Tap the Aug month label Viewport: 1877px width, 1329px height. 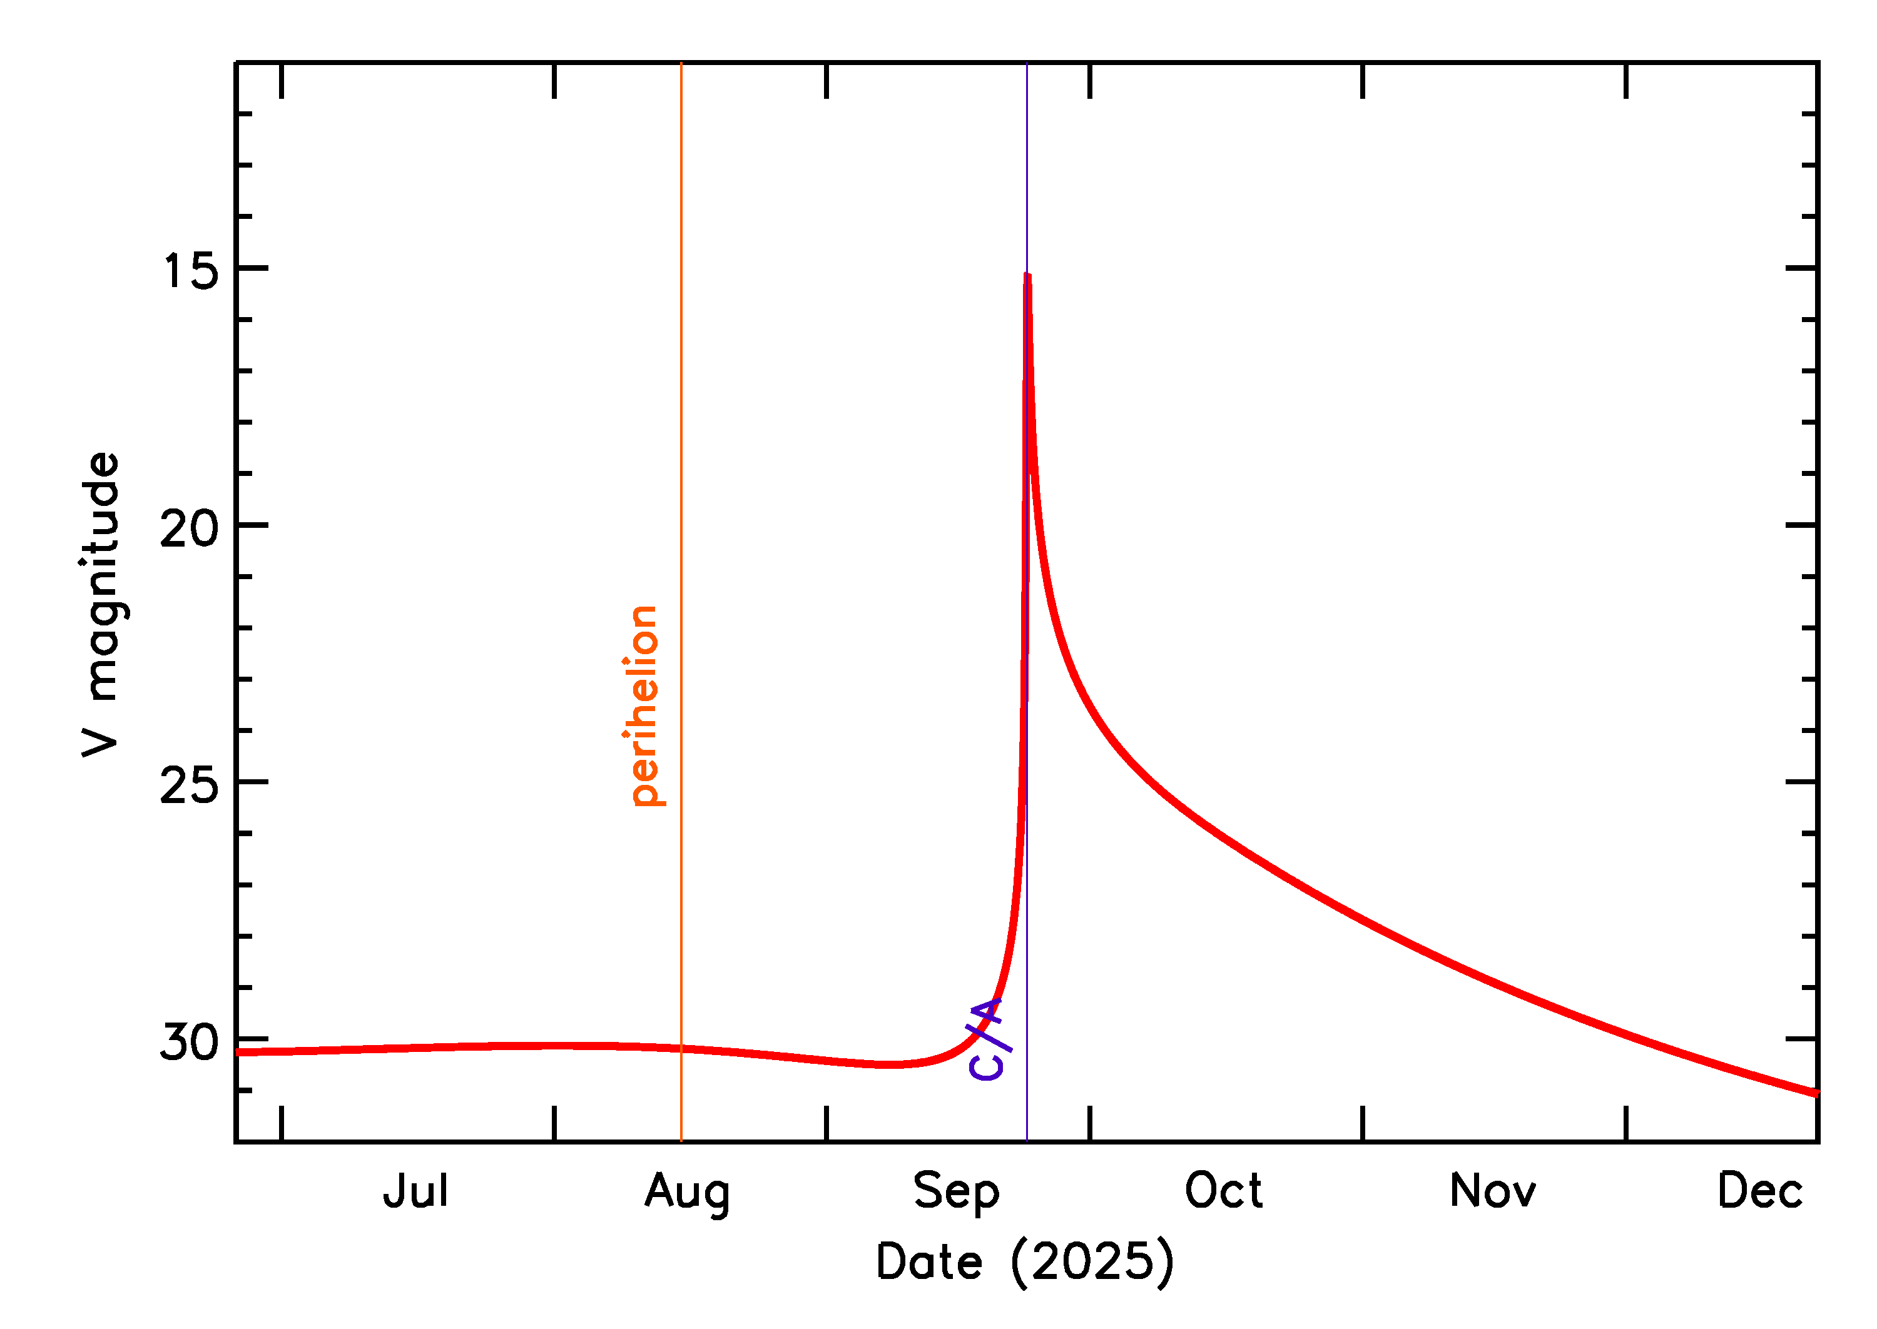click(x=687, y=1193)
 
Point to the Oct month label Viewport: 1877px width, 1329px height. click(x=1223, y=1191)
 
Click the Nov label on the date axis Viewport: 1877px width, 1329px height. click(x=1492, y=1191)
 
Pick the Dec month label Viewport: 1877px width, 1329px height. click(x=1760, y=1191)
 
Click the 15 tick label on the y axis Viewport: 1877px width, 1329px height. click(x=191, y=271)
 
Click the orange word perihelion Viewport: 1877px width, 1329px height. click(x=645, y=705)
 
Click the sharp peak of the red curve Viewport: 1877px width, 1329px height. click(x=1027, y=276)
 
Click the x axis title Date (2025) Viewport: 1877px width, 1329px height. click(x=1025, y=1261)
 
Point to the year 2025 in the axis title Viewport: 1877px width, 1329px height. click(x=1092, y=1261)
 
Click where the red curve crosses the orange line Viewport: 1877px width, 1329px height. click(x=681, y=1048)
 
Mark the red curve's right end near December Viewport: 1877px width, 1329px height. click(x=1816, y=1093)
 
